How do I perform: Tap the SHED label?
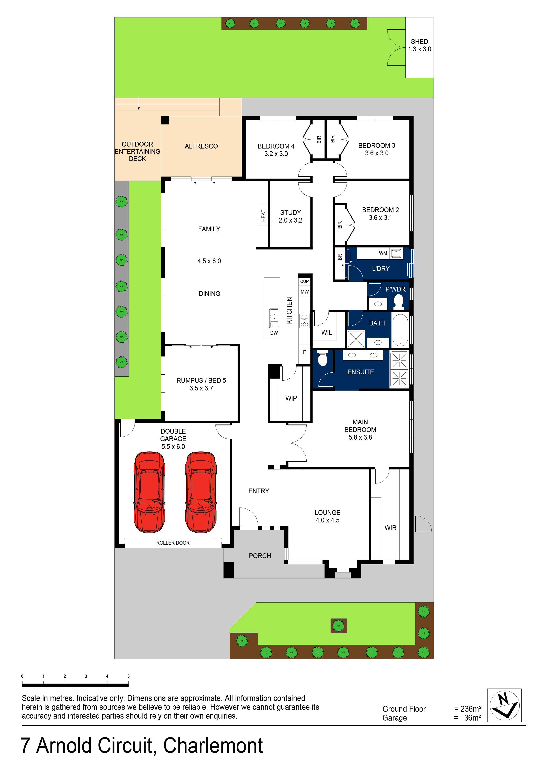(x=419, y=41)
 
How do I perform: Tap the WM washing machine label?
(x=383, y=253)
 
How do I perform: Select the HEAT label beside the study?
(x=263, y=216)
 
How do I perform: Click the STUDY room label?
(x=290, y=212)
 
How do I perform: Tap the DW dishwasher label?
(x=274, y=333)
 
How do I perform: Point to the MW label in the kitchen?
(x=304, y=292)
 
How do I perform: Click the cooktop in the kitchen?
(x=304, y=320)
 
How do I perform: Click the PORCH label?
(x=260, y=556)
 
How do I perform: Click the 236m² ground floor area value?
(x=471, y=709)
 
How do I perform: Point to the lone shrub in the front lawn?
(x=338, y=626)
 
